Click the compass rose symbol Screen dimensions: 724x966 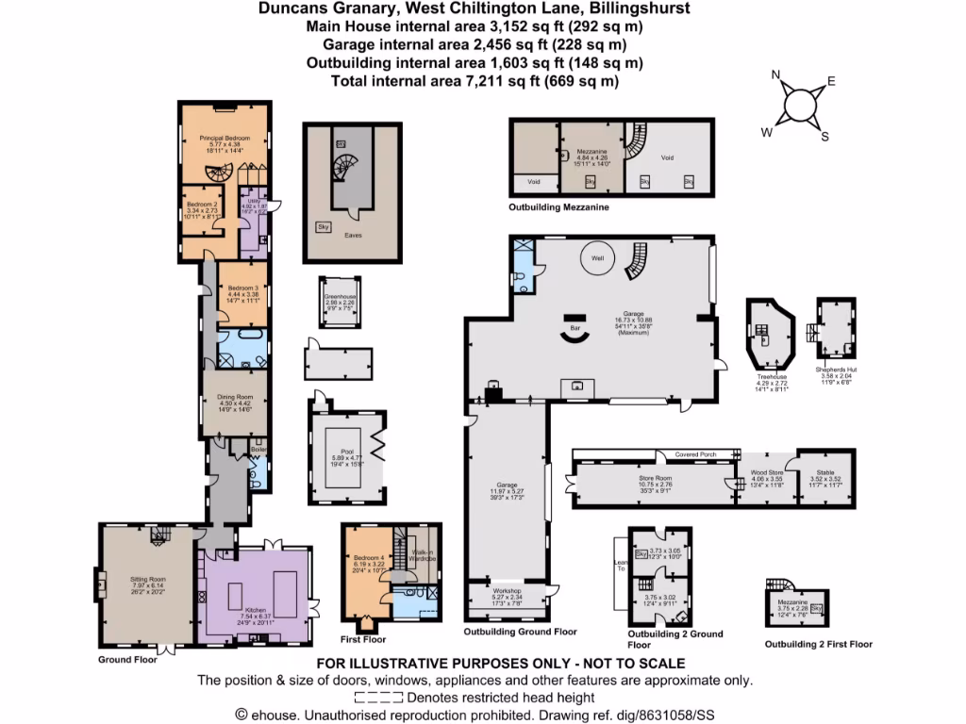(x=801, y=104)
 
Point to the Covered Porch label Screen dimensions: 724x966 (x=695, y=454)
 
